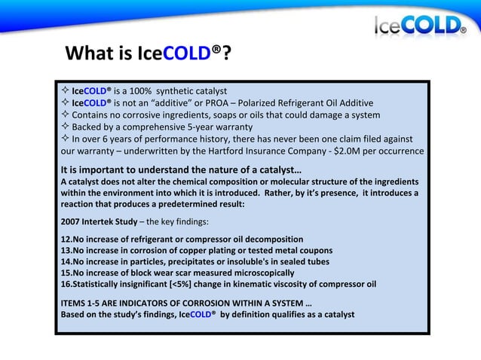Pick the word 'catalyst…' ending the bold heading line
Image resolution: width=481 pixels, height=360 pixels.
pos(276,169)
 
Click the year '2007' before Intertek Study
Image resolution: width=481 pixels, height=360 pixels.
pos(73,221)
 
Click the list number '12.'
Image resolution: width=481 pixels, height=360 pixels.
pos(66,239)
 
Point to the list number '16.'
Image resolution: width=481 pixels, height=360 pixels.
pos(66,284)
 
